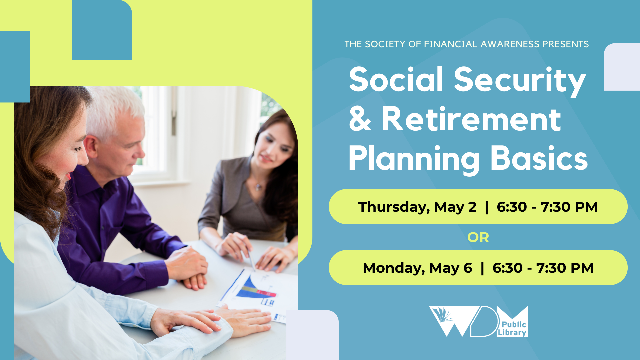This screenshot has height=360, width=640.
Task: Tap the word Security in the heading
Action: (x=520, y=82)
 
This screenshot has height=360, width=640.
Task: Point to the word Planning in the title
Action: (x=414, y=160)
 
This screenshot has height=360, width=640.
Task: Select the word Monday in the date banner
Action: (x=394, y=268)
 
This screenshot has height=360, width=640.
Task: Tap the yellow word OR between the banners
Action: (x=478, y=237)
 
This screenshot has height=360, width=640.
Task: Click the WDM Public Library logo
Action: (x=478, y=321)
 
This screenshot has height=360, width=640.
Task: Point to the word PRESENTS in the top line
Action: (x=565, y=44)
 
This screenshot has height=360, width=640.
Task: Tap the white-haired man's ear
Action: (x=90, y=146)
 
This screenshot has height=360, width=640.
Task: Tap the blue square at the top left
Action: (x=102, y=30)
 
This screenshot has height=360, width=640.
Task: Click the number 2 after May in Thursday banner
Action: (x=472, y=207)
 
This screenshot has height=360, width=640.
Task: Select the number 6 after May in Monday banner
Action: (x=468, y=268)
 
